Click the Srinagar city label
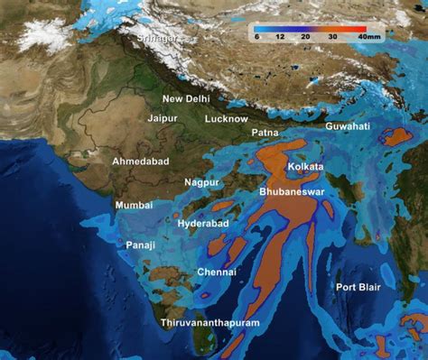tap(157, 40)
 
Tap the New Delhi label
tap(186, 98)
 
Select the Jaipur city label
tap(163, 117)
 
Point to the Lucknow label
tap(226, 118)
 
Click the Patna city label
tap(265, 133)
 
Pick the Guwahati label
tap(348, 126)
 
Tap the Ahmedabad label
tap(140, 161)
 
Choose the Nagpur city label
tap(201, 182)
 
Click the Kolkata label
tap(305, 167)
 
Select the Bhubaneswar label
tap(292, 192)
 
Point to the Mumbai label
tap(135, 206)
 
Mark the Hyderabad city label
tap(203, 223)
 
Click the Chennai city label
tap(217, 272)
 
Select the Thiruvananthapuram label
tap(209, 322)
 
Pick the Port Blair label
tap(358, 287)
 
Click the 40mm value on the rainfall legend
tap(368, 37)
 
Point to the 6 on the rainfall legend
tap(256, 37)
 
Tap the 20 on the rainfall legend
tap(305, 37)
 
